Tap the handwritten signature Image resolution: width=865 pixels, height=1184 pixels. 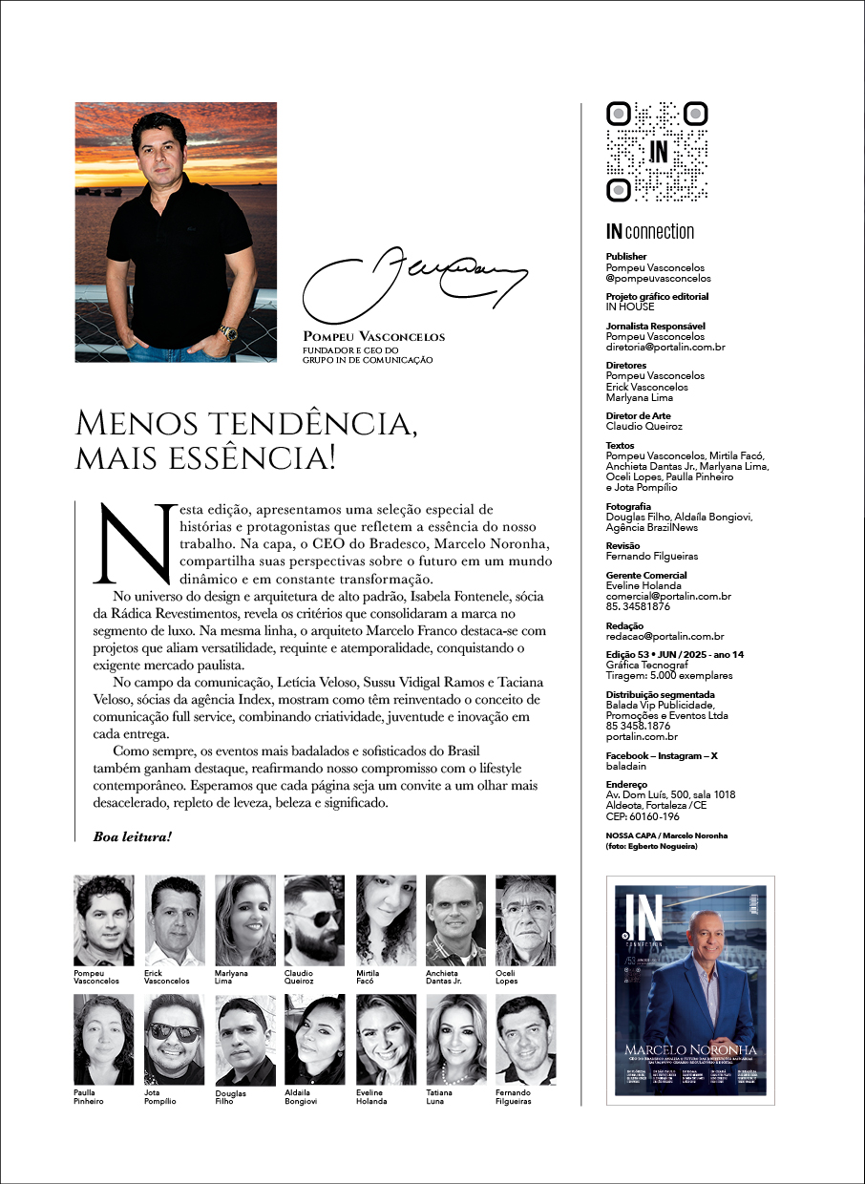[x=414, y=277]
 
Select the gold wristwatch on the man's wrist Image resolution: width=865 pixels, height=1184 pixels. [x=228, y=333]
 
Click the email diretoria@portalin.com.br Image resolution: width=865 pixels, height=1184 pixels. [x=665, y=347]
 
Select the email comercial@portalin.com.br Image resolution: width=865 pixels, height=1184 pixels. [x=668, y=596]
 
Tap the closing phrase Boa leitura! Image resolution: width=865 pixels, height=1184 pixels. [x=132, y=836]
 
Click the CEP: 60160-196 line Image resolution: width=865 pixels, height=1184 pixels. [x=643, y=816]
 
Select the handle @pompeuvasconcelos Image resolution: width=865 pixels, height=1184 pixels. [x=658, y=278]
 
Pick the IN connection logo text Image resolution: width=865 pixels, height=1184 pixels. [x=650, y=232]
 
